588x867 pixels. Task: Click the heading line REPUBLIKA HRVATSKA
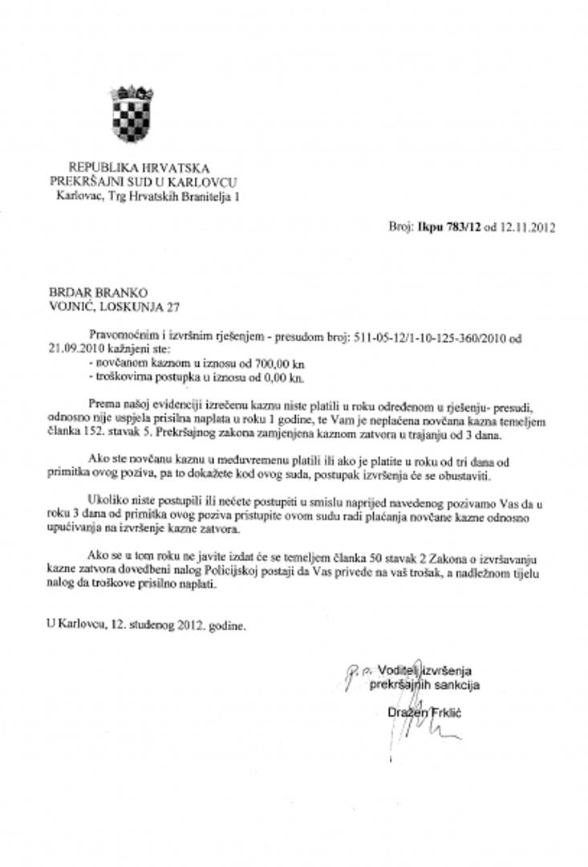(x=139, y=168)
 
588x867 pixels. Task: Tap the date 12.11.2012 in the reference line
(x=526, y=227)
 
